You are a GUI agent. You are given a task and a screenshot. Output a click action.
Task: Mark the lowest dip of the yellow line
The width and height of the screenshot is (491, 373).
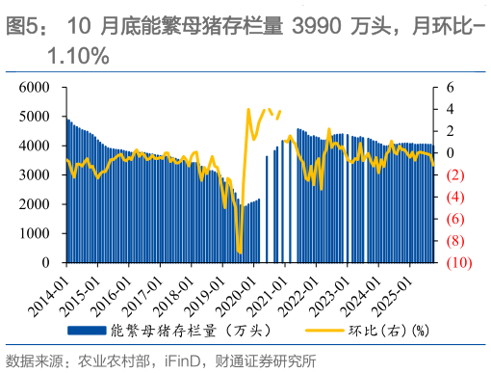point(240,253)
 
